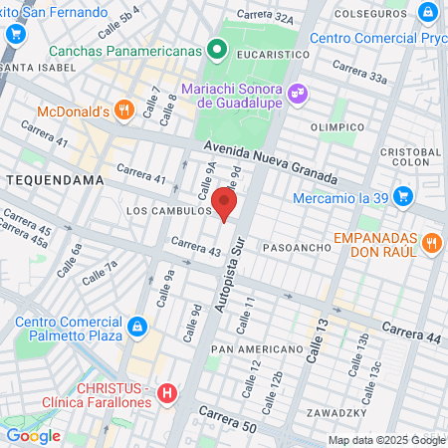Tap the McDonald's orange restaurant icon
tap(123, 112)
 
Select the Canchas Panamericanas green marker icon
tap(216, 51)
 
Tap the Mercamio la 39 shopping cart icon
tap(402, 197)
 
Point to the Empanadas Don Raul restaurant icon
tap(431, 242)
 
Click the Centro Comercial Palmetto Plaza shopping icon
tap(138, 327)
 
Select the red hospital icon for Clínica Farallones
tap(167, 394)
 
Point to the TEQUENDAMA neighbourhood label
tap(47, 179)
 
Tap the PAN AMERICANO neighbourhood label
tap(257, 350)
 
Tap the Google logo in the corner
tap(33, 435)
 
